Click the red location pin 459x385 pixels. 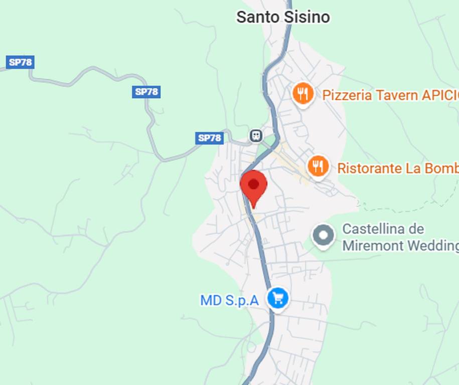pos(253,185)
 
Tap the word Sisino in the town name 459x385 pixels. pos(307,17)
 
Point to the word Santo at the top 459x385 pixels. pos(258,17)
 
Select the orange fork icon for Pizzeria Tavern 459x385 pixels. pos(303,94)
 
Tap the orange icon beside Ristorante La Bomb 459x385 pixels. pos(318,166)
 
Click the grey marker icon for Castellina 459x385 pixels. pos(323,236)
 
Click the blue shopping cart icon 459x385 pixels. pos(277,299)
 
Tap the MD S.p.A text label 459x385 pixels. pos(229,300)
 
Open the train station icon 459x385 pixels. pos(256,135)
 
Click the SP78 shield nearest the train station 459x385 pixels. pos(209,138)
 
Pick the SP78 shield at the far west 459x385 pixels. pos(21,62)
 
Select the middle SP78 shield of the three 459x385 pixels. pos(146,92)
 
